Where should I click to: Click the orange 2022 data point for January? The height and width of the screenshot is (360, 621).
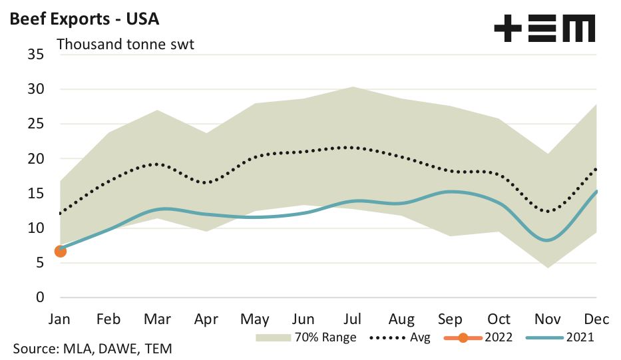61,250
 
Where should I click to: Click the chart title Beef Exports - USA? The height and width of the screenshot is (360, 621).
84,19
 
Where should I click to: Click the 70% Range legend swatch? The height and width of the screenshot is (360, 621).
272,337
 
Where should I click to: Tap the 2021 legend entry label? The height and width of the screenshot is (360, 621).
580,337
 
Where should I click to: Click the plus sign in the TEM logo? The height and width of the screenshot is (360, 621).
509,29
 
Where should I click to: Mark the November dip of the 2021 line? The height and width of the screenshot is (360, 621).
546,240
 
